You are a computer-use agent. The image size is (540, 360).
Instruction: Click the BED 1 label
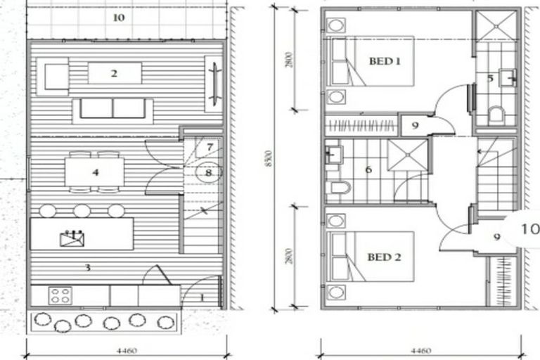pos(385,61)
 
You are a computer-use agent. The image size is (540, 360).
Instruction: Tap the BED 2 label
pos(385,257)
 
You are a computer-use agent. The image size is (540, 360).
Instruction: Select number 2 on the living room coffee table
pos(113,73)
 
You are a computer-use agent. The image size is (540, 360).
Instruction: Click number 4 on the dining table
pos(95,172)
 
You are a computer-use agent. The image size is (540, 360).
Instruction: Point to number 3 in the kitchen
pos(88,267)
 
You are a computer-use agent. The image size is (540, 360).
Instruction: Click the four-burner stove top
pos(60,295)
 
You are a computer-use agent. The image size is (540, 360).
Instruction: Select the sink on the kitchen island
pos(72,240)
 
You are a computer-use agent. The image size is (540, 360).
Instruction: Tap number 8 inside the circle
pos(208,171)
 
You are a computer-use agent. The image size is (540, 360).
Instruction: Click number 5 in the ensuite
pos(490,77)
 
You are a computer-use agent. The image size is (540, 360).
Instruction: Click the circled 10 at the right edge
pos(529,229)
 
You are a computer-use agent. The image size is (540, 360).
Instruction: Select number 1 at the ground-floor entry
pos(201,297)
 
